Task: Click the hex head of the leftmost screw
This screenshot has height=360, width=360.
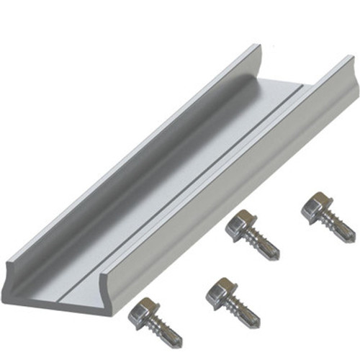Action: tap(141, 310)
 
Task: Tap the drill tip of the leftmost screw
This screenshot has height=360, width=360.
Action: tap(179, 341)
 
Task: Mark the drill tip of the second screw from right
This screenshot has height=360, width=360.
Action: tap(276, 256)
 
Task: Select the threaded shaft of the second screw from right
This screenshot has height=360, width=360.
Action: tap(262, 244)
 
